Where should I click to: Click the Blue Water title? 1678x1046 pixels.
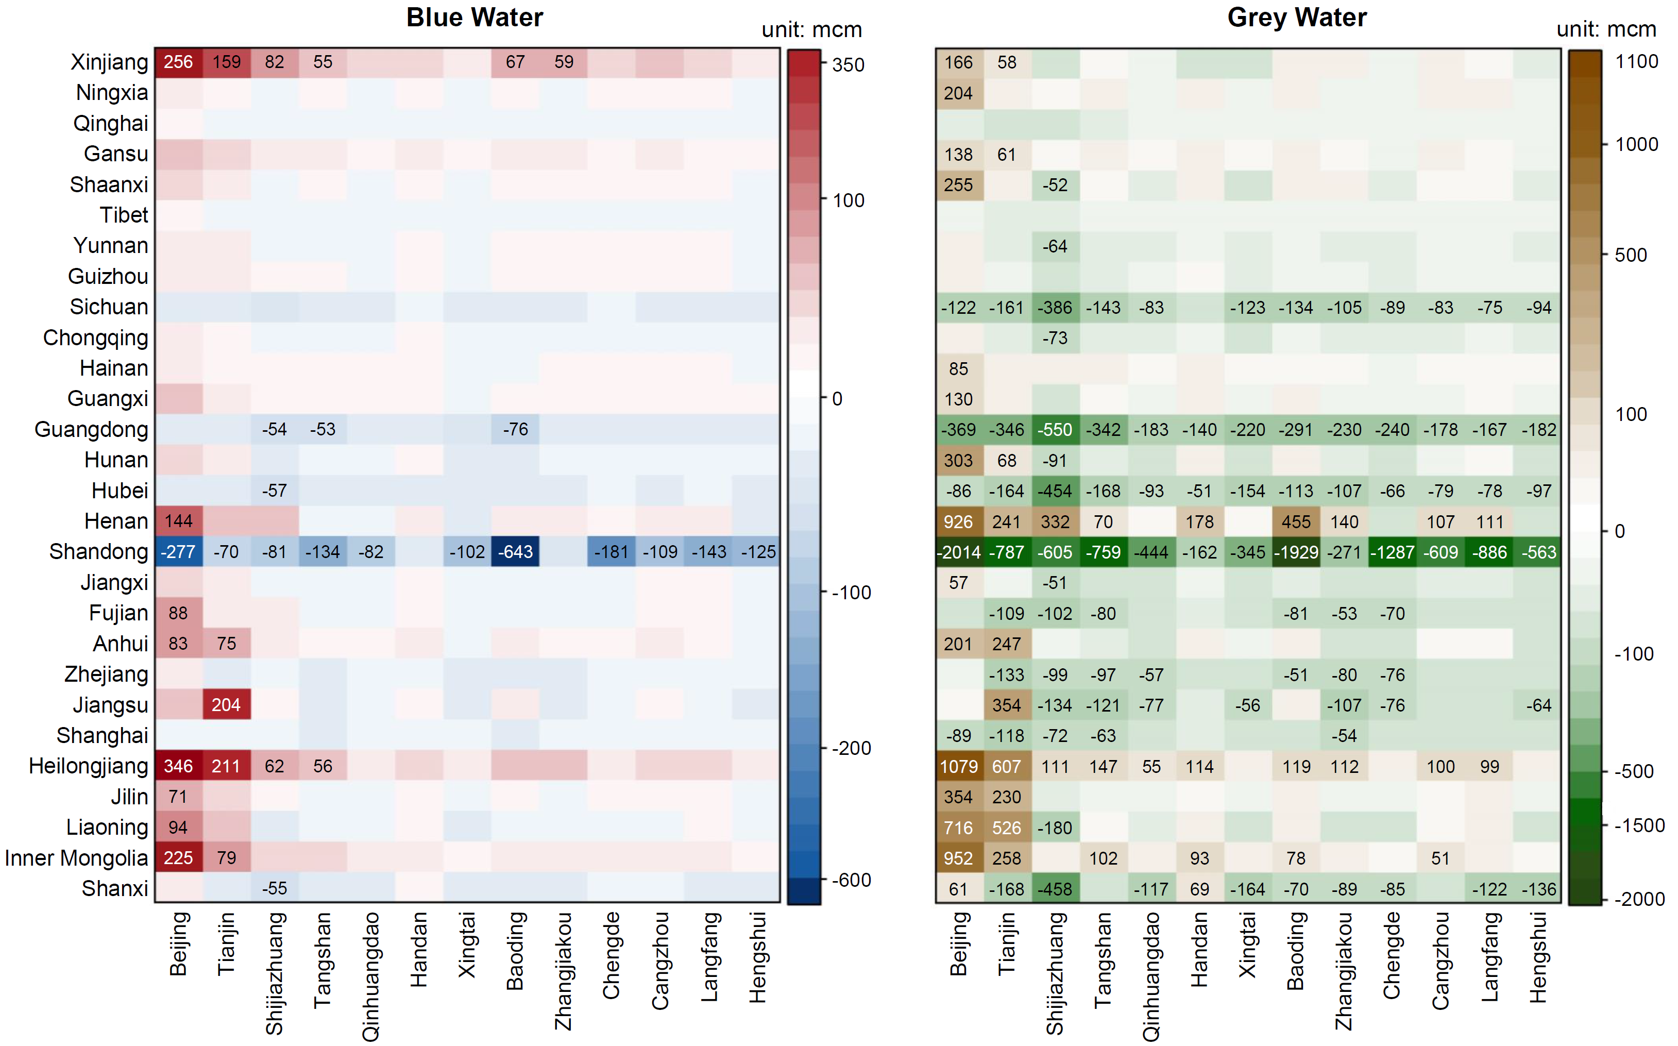click(x=474, y=18)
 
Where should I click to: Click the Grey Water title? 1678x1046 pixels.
click(x=1296, y=18)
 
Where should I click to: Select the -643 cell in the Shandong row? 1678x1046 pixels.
click(x=515, y=552)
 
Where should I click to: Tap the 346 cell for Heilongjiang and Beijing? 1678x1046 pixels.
click(x=178, y=767)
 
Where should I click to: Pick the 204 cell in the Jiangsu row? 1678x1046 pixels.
click(x=226, y=705)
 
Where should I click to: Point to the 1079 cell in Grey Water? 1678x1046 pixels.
click(x=959, y=767)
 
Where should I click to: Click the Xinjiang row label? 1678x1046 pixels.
click(x=109, y=62)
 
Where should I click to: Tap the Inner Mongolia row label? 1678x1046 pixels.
click(x=76, y=858)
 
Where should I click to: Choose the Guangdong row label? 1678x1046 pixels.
click(x=91, y=430)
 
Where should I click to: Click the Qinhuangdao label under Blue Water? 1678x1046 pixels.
click(x=371, y=975)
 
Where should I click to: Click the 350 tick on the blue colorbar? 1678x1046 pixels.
click(x=848, y=65)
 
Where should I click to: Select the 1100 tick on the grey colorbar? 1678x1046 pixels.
click(x=1636, y=61)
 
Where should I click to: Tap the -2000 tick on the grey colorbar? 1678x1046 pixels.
click(x=1638, y=899)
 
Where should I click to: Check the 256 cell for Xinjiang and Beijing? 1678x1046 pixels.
click(x=178, y=62)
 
